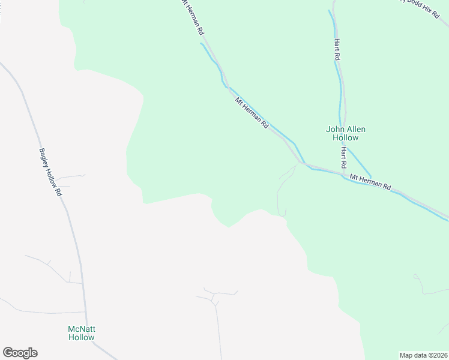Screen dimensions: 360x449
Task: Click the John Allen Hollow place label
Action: [345, 133]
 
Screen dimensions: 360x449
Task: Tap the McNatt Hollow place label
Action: [81, 333]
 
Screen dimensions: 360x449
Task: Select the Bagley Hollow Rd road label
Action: [51, 172]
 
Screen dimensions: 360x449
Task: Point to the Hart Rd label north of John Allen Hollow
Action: [337, 49]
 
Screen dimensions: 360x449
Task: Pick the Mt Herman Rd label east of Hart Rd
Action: [370, 182]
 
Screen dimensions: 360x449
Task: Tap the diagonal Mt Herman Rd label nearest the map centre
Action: [252, 112]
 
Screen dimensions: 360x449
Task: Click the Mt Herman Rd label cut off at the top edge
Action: [191, 18]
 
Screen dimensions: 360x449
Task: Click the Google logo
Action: [20, 353]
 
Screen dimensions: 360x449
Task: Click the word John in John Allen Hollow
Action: [334, 129]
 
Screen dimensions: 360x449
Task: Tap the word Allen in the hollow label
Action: [355, 129]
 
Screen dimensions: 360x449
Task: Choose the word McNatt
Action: [81, 329]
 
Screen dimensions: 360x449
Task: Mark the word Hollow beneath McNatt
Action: [81, 337]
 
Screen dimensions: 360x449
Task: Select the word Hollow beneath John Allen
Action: [345, 137]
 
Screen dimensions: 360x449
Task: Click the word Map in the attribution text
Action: [407, 355]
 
